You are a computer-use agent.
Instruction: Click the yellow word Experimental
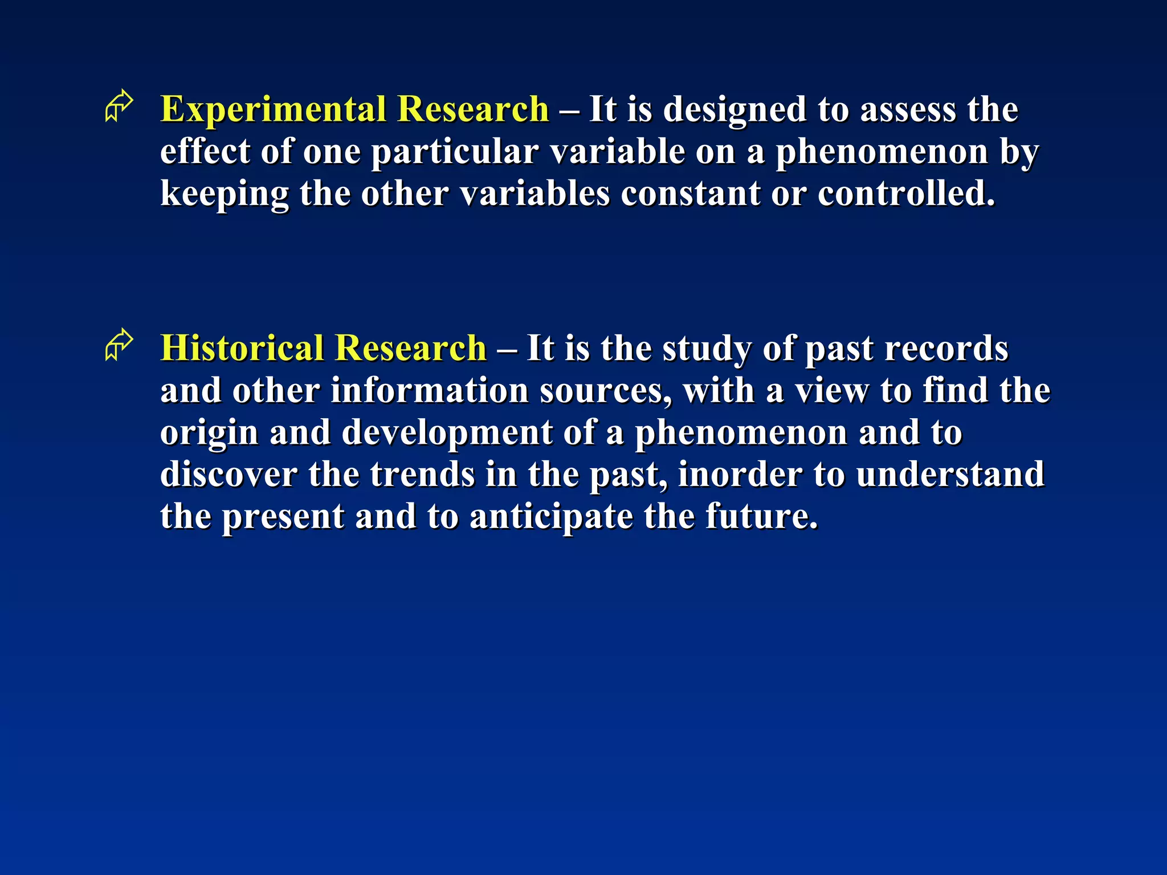click(272, 109)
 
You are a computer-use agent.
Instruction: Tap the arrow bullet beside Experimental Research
click(119, 106)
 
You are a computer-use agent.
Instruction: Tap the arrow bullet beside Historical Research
click(119, 345)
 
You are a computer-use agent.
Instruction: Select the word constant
click(690, 194)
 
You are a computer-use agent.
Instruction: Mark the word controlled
click(906, 194)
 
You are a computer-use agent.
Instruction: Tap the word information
click(430, 391)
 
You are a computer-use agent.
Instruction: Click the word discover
click(228, 475)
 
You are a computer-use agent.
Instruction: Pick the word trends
click(422, 475)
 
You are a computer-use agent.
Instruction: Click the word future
click(761, 517)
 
